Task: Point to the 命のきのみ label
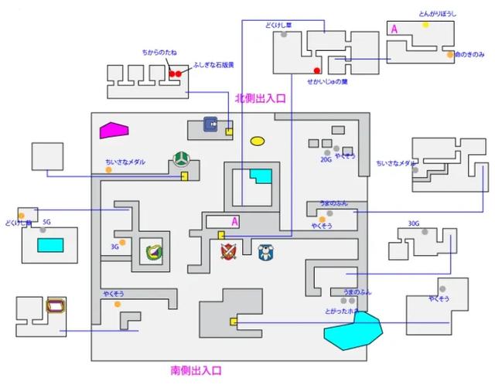pyautogui.click(x=469, y=55)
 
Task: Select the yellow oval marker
pyautogui.click(x=258, y=141)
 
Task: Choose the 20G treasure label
pyautogui.click(x=326, y=160)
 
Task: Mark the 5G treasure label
pyautogui.click(x=47, y=221)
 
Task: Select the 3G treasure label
pyautogui.click(x=114, y=247)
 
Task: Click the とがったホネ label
pyautogui.click(x=342, y=311)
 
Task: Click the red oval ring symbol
pyautogui.click(x=56, y=305)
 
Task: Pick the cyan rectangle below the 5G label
pyautogui.click(x=50, y=246)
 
